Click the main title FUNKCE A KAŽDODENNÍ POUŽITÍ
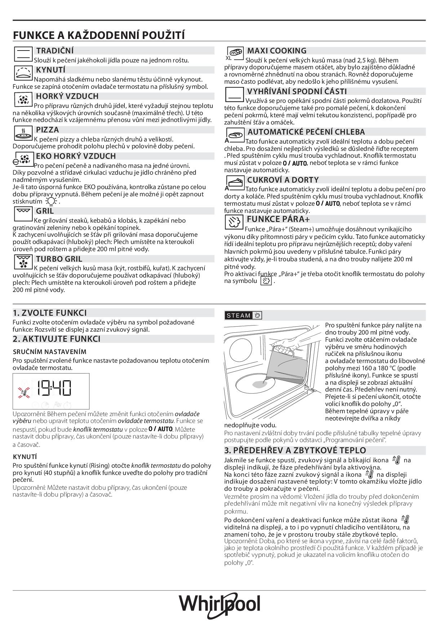[99, 35]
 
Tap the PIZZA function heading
[47, 130]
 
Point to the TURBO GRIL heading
[59, 259]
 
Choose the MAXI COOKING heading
[276, 51]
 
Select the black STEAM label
[238, 315]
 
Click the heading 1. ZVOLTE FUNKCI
[50, 313]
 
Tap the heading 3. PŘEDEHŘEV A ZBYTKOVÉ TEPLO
[295, 450]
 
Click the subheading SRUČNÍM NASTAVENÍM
[49, 352]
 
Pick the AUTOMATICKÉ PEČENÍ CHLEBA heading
[306, 132]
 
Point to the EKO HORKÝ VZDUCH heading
[76, 156]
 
